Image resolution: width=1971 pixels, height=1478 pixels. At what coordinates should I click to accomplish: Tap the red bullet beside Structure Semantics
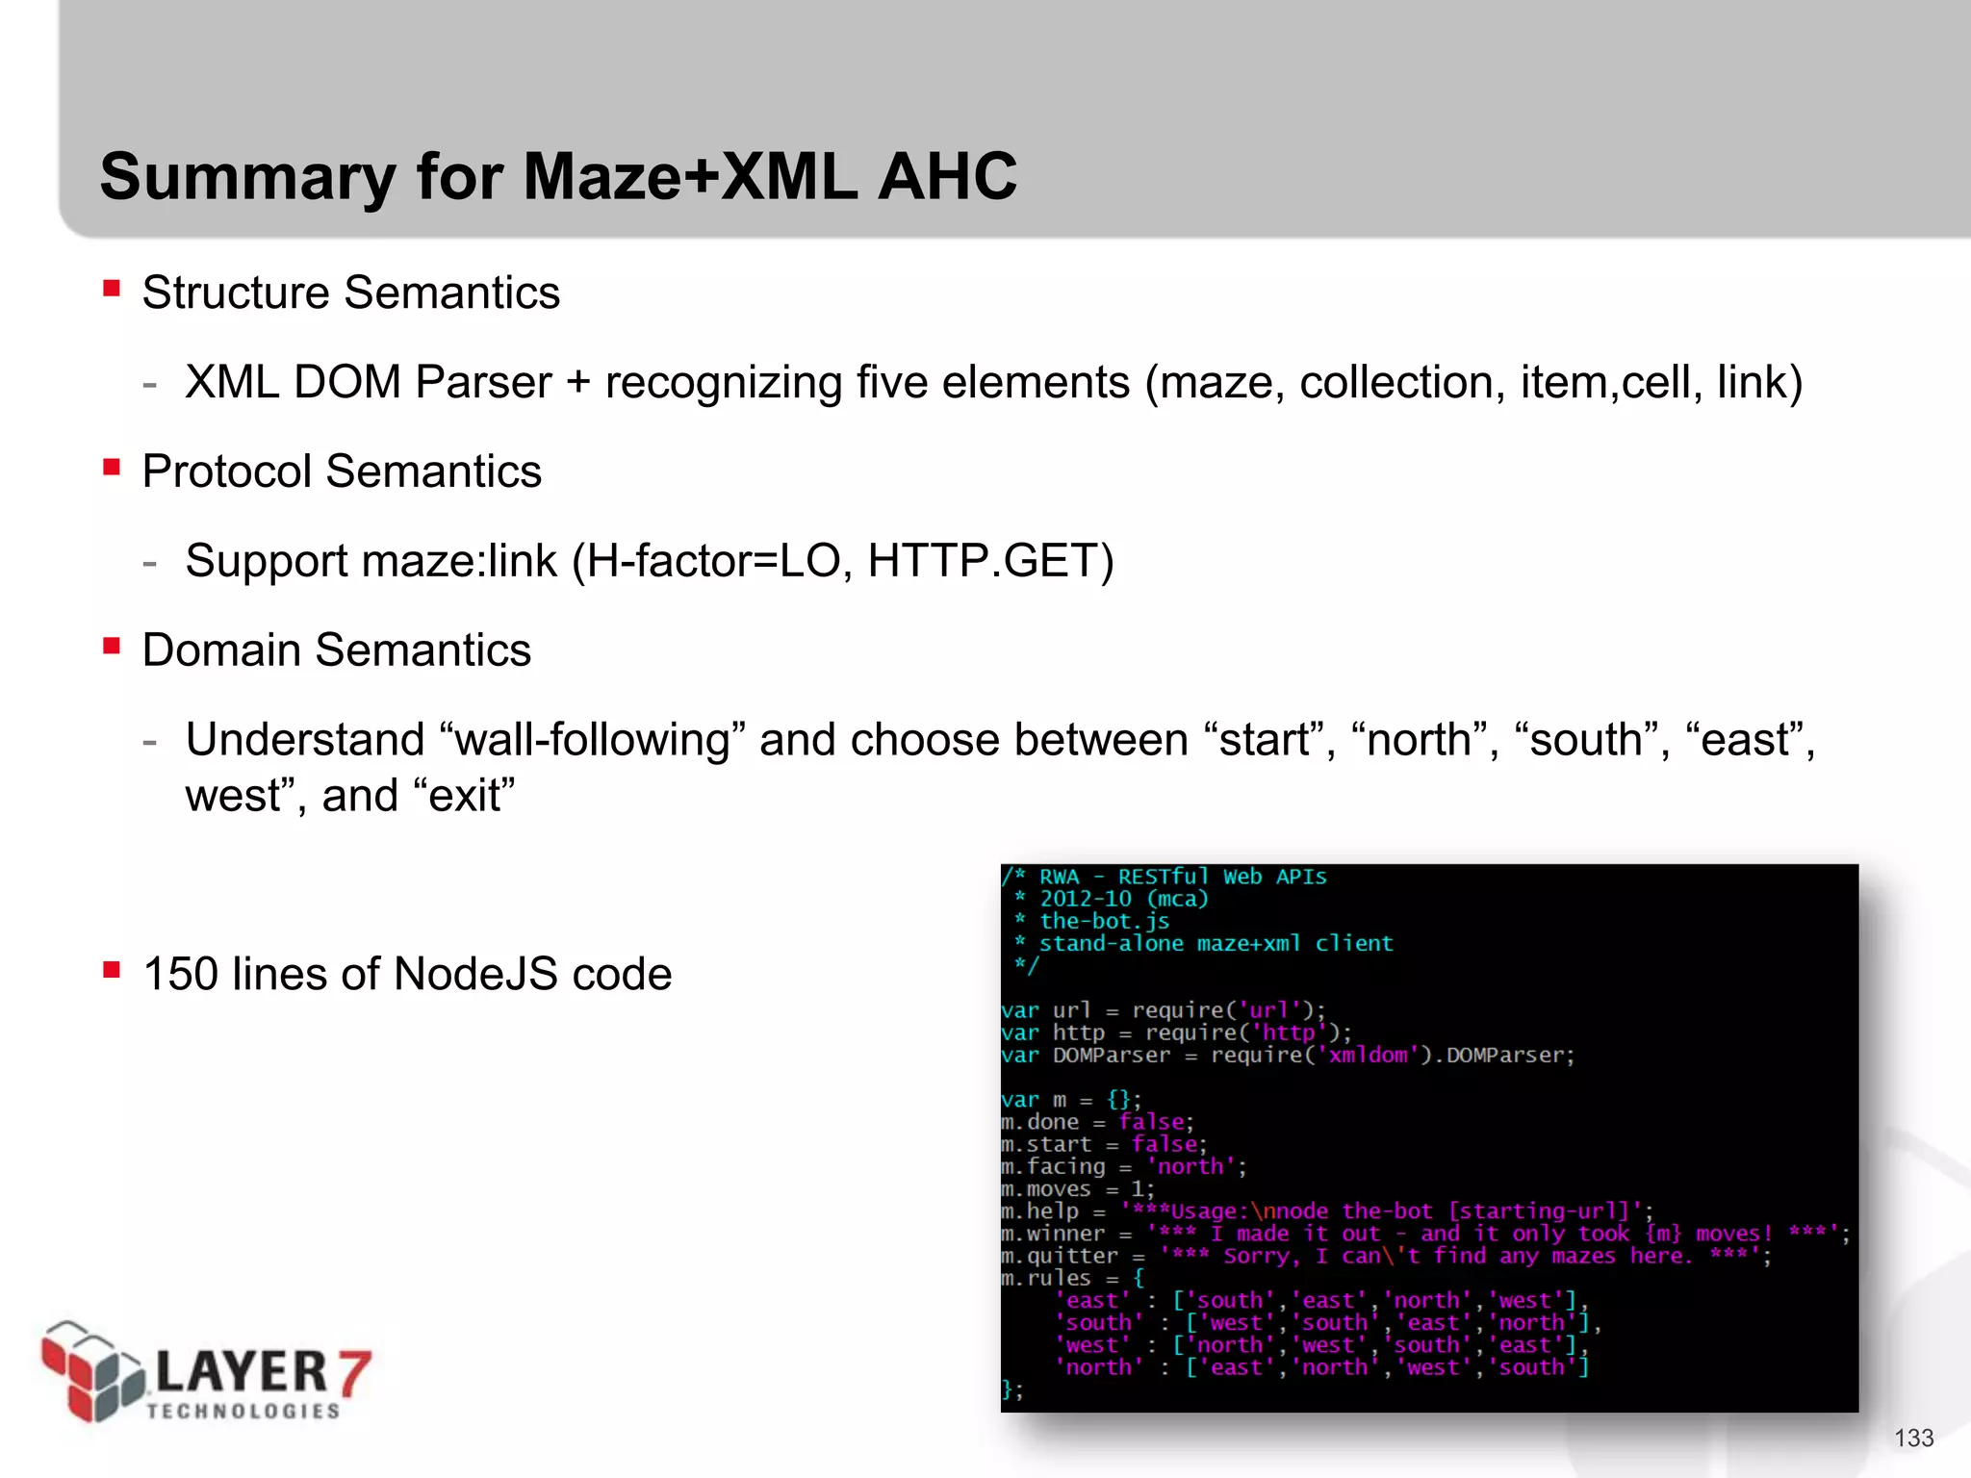pos(112,288)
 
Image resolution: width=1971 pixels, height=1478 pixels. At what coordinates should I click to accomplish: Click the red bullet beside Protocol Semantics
pos(112,467)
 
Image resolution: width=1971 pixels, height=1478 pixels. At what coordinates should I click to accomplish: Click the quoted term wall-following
pos(592,740)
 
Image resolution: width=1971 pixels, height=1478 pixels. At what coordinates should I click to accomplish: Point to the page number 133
pos(1913,1438)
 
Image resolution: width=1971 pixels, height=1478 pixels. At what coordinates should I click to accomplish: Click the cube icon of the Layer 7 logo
pos(90,1370)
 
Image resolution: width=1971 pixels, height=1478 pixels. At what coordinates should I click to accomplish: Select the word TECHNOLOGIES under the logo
pos(243,1411)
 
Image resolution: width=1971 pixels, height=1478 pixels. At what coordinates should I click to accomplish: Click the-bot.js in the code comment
pos(1104,921)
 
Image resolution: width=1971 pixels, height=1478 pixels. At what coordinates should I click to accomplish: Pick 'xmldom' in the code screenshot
pos(1368,1056)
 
